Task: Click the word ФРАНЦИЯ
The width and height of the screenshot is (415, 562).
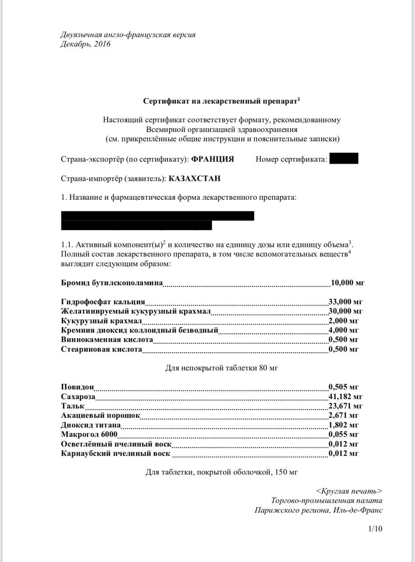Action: point(213,159)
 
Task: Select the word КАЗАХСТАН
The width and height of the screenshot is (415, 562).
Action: point(194,179)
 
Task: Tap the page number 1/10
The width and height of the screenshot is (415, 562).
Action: point(375,529)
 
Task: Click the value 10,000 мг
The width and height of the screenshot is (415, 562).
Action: point(348,282)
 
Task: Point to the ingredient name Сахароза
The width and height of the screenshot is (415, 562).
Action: point(78,396)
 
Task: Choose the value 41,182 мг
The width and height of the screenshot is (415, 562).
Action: point(346,396)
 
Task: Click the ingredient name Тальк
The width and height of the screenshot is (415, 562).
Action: point(73,406)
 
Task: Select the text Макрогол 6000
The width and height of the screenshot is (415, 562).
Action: point(89,434)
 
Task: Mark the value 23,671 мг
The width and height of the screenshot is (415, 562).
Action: point(346,406)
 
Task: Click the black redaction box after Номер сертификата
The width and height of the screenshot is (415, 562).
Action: point(343,159)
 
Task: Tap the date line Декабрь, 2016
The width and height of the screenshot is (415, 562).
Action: point(85,44)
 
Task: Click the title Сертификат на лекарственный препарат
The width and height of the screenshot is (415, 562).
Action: point(221,101)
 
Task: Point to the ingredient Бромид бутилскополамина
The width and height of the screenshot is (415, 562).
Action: point(112,282)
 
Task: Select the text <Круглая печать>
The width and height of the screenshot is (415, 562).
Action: point(349,491)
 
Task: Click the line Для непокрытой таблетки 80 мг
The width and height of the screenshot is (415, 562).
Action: point(222,368)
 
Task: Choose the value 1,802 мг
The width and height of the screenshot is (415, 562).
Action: point(344,425)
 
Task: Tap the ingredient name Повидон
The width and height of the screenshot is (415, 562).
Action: point(77,387)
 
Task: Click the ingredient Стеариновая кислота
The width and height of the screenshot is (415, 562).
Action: point(102,349)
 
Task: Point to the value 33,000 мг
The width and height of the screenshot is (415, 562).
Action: point(346,302)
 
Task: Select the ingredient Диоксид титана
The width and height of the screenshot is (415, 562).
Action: point(91,425)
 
